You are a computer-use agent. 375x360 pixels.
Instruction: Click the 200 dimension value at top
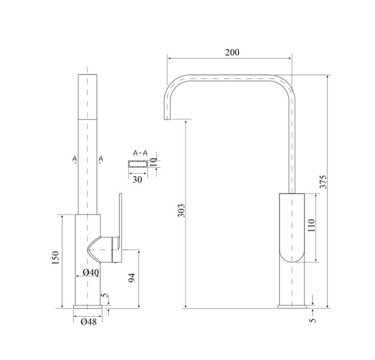coord(232,52)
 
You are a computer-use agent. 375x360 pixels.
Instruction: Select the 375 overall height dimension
coord(323,182)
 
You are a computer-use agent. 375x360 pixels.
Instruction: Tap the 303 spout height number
coord(182,211)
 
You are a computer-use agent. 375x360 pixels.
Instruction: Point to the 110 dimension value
coord(311,225)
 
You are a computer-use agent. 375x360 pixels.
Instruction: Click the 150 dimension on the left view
coord(55,258)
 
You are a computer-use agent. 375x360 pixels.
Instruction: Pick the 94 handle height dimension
coord(132,278)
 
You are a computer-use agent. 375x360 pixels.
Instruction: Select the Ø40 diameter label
coord(91,272)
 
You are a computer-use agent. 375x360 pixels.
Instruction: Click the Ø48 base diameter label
coord(89,322)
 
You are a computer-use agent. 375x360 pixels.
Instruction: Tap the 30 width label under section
coord(137,180)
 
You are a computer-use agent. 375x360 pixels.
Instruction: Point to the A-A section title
coord(140,153)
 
